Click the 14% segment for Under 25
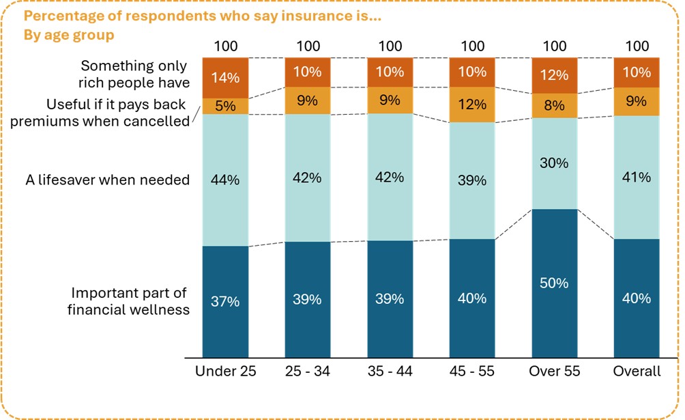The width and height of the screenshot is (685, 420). click(226, 78)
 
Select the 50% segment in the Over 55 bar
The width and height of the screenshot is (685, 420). click(554, 283)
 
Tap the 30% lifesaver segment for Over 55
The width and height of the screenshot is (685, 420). click(554, 163)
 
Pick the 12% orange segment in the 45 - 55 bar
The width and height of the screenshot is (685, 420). click(472, 104)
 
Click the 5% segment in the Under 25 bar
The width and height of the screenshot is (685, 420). click(226, 106)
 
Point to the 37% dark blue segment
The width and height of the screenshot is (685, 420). click(226, 301)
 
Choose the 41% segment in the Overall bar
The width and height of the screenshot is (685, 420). click(637, 177)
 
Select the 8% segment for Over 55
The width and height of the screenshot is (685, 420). click(554, 106)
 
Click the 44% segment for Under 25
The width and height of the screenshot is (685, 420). click(226, 180)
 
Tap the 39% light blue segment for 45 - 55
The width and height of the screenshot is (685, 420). click(472, 180)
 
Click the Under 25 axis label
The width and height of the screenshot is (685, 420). click(225, 372)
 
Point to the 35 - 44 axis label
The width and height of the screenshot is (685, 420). click(390, 372)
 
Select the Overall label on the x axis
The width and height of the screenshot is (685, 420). click(637, 372)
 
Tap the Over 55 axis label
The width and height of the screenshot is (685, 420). click(554, 372)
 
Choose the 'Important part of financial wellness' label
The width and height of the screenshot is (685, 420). click(130, 301)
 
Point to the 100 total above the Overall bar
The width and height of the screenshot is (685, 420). click(637, 46)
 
